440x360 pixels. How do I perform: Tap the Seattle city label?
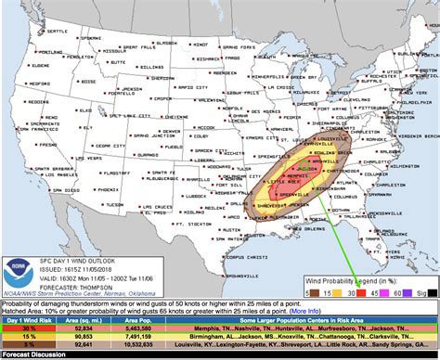pos(58,31)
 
